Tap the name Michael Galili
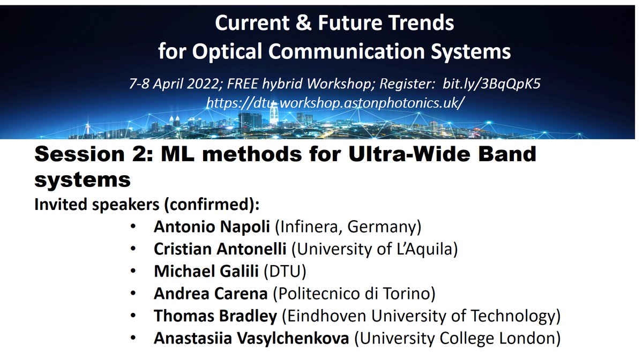click(x=207, y=272)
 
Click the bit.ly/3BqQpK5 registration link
click(x=498, y=84)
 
